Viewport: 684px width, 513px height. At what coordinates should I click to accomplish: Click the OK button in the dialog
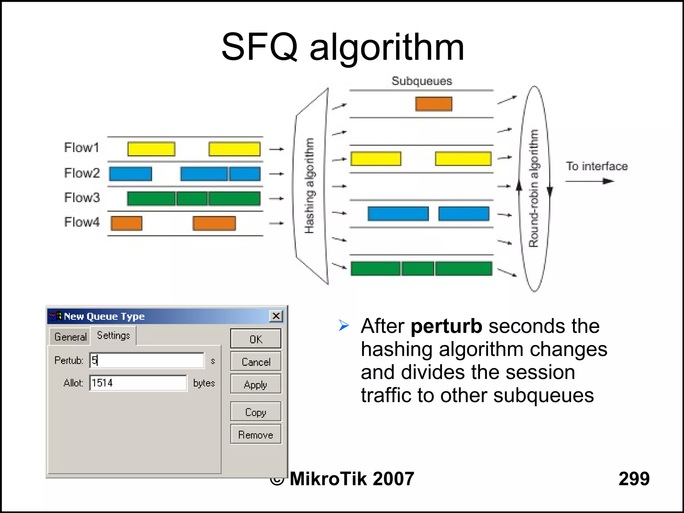coord(255,339)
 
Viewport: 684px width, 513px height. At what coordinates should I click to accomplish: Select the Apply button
coord(255,384)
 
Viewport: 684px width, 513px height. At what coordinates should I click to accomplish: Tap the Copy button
coord(255,412)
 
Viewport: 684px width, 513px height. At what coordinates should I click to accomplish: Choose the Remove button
coord(255,435)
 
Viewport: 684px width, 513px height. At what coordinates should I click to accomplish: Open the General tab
coord(70,337)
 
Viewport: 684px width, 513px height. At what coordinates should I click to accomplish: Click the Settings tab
coord(113,335)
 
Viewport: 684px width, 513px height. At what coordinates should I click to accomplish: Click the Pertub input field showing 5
coord(147,360)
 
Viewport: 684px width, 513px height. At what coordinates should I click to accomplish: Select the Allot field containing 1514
coord(138,383)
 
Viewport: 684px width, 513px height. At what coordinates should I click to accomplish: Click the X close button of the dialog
coord(276,316)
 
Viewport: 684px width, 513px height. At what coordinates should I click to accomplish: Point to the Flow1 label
coord(81,148)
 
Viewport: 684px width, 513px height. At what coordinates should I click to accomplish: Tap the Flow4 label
coord(82,222)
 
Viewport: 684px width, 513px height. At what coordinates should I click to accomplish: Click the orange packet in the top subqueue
coord(434,104)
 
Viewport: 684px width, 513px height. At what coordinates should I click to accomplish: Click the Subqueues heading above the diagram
coord(421,81)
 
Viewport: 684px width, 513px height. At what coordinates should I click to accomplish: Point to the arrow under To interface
coord(589,181)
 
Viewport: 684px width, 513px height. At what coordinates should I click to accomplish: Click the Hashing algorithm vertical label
coord(309,186)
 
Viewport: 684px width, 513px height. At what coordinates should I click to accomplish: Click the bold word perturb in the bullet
coord(446,326)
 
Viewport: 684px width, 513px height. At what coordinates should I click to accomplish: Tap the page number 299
coord(634,478)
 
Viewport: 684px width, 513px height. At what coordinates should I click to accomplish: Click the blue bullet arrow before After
coord(344,325)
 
